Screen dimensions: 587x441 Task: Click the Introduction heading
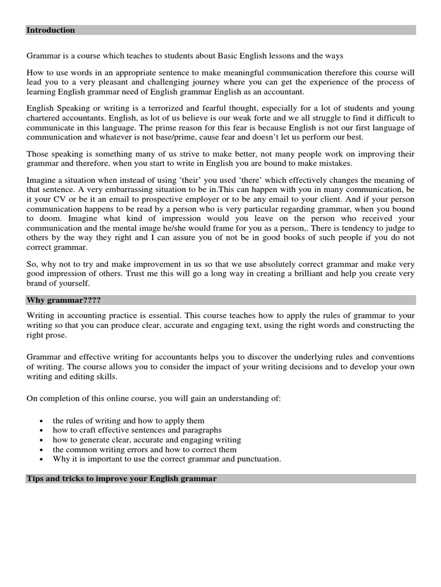pyautogui.click(x=51, y=30)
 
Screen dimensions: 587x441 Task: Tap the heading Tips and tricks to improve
pyautogui.click(x=121, y=478)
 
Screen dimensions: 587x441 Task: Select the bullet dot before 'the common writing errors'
pyautogui.click(x=41, y=450)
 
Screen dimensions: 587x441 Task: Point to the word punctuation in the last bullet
pyautogui.click(x=258, y=459)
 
